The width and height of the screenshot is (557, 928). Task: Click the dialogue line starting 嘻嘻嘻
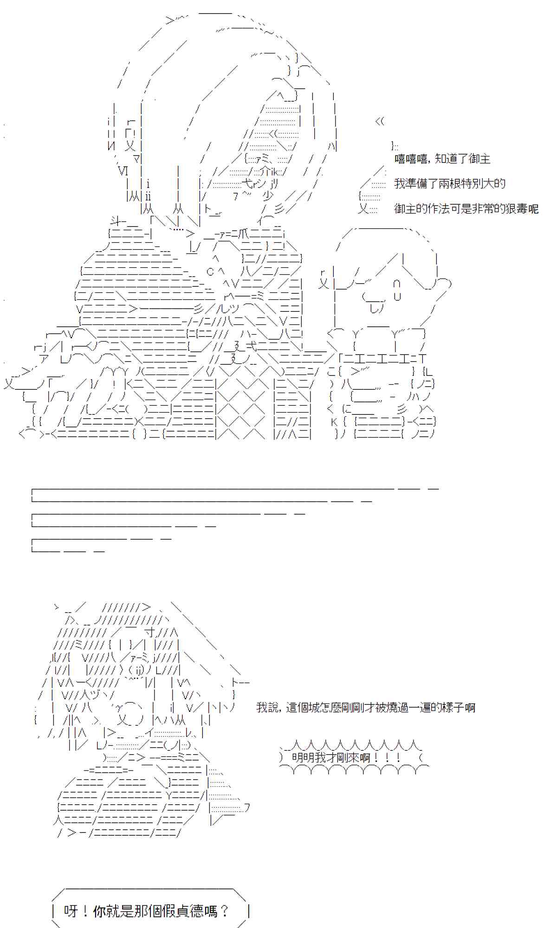(442, 159)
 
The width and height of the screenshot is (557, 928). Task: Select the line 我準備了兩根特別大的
(449, 184)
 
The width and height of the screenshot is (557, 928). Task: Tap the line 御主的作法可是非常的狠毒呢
(466, 209)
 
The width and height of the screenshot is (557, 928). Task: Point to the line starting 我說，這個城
(365, 708)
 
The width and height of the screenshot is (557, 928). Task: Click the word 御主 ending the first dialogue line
(479, 159)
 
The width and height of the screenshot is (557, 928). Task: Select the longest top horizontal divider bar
(214, 489)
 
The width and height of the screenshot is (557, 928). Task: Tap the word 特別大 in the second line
(479, 184)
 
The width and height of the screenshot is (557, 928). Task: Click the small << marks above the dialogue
(380, 122)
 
